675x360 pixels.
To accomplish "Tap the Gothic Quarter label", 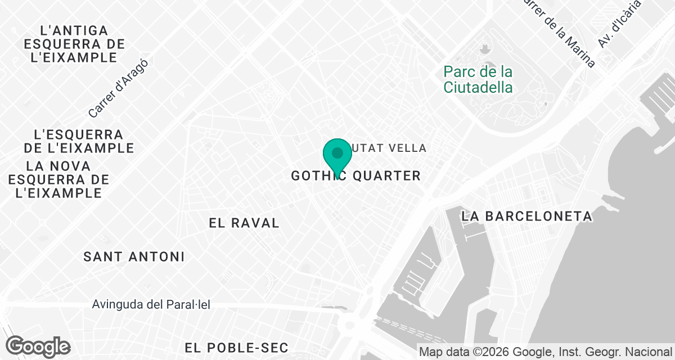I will (x=355, y=176).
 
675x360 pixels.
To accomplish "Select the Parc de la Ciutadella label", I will (x=478, y=80).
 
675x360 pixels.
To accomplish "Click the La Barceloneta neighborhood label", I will (x=526, y=216).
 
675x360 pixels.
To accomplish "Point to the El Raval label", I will (x=244, y=223).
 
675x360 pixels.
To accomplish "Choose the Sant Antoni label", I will (x=134, y=257).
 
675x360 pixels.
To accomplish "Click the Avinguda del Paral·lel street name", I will (x=151, y=305).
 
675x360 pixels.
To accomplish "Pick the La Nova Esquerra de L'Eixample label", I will (x=59, y=179).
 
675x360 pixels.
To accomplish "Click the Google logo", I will (x=38, y=346).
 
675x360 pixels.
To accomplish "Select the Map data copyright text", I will (x=546, y=352).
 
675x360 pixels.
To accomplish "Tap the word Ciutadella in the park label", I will (x=478, y=88).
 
